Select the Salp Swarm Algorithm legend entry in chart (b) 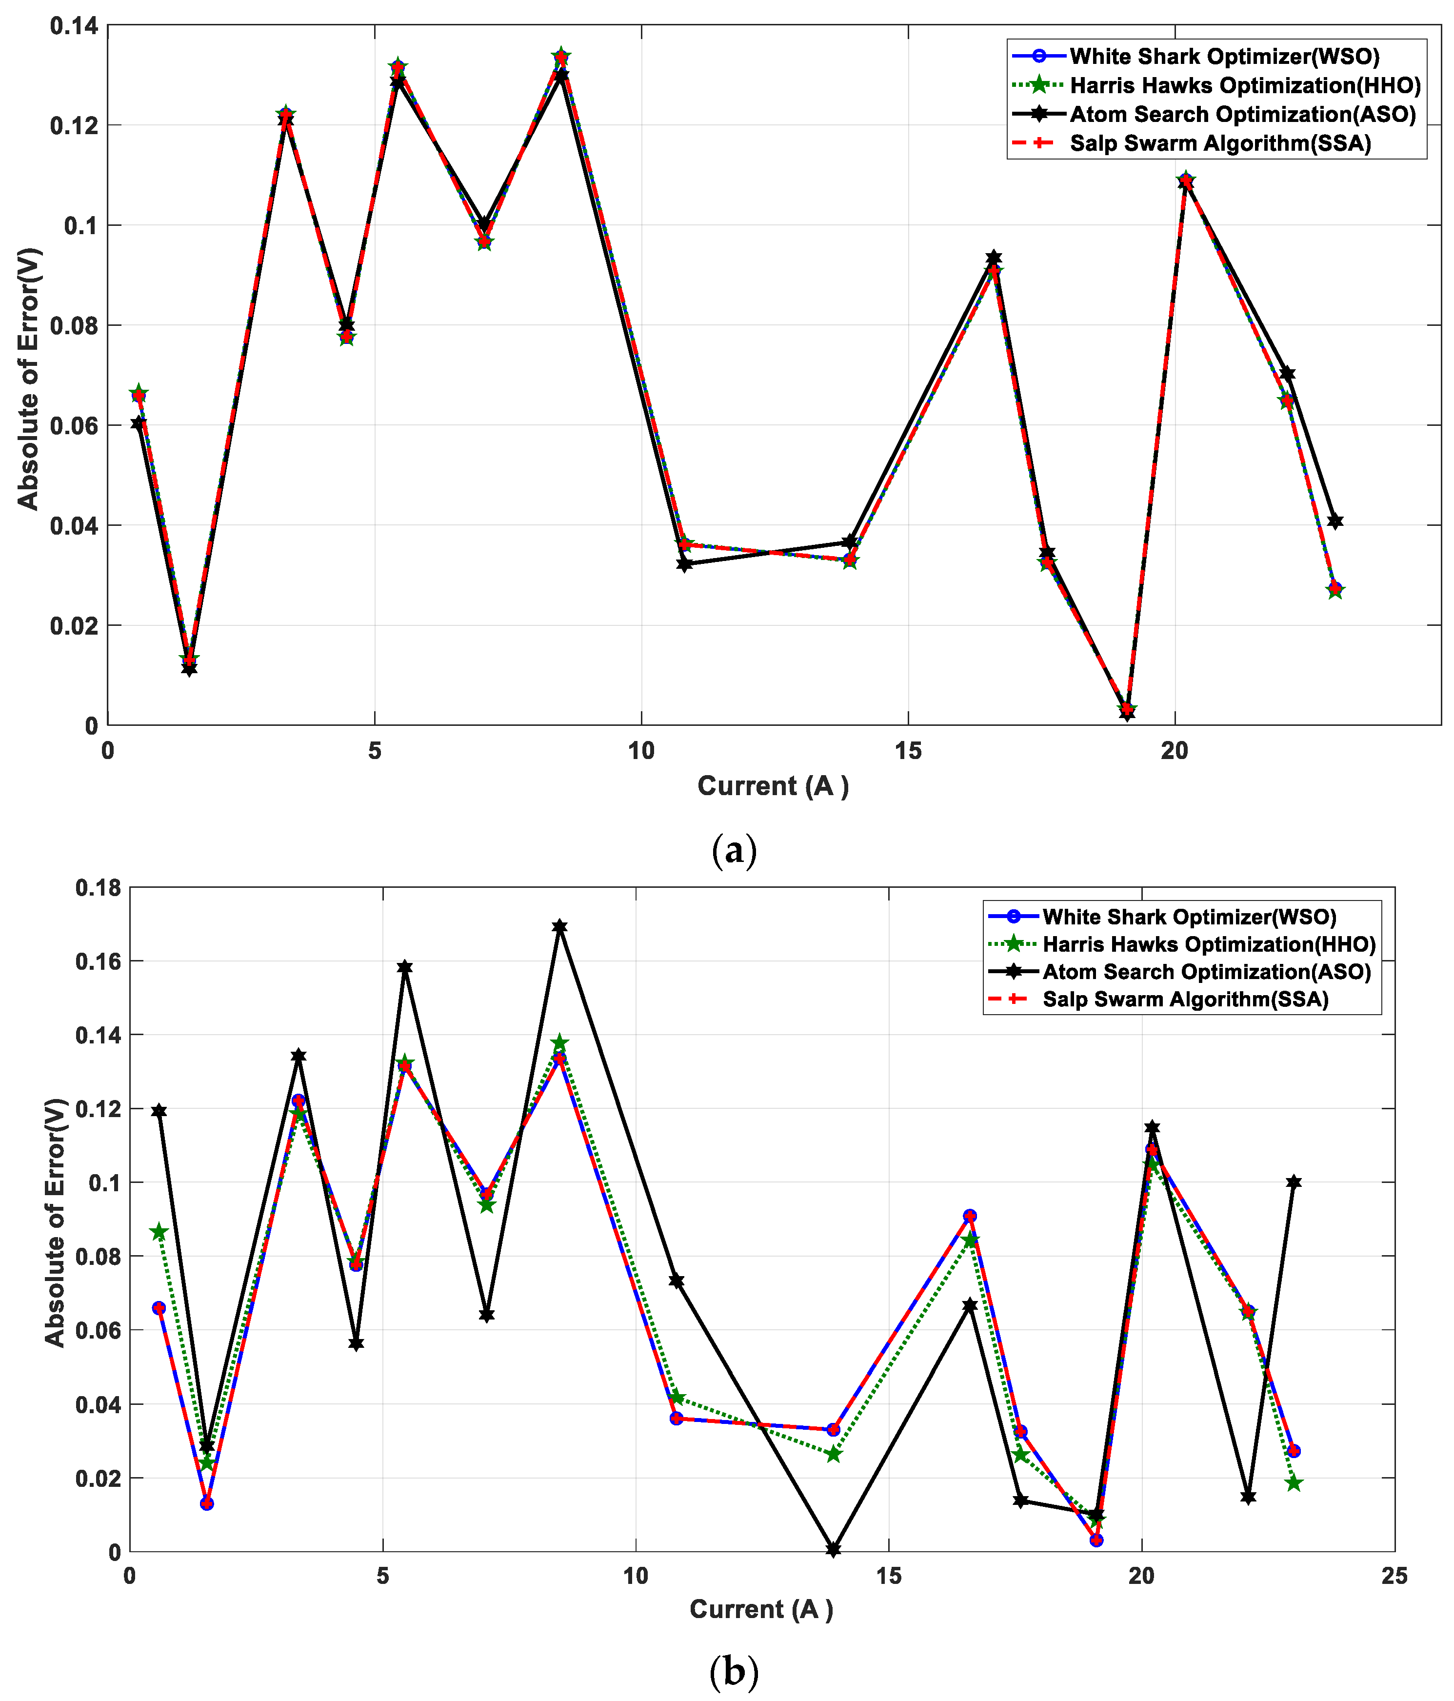(x=1185, y=999)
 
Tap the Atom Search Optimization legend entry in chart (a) (x=1242, y=114)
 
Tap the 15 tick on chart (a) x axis (x=908, y=751)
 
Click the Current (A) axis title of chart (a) (x=773, y=786)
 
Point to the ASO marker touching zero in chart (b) (x=833, y=1549)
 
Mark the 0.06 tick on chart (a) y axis (x=74, y=425)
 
